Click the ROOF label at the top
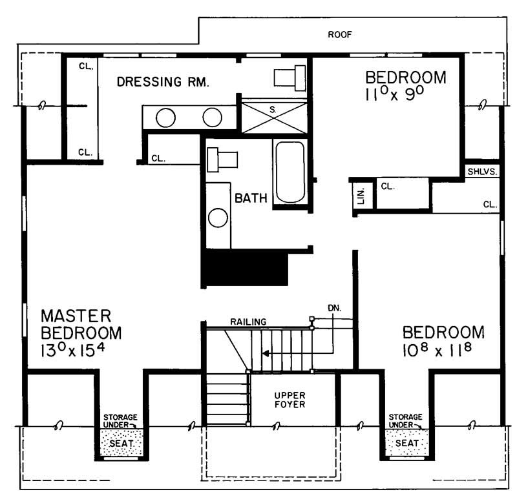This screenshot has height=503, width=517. coord(339,35)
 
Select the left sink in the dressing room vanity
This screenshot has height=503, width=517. coord(166,118)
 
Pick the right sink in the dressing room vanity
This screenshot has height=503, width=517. coord(212,118)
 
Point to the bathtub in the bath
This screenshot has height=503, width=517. coord(289,172)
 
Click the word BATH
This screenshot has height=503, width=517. coord(251,198)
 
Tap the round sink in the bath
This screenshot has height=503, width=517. coord(218,218)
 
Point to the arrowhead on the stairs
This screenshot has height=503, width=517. coord(265,353)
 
